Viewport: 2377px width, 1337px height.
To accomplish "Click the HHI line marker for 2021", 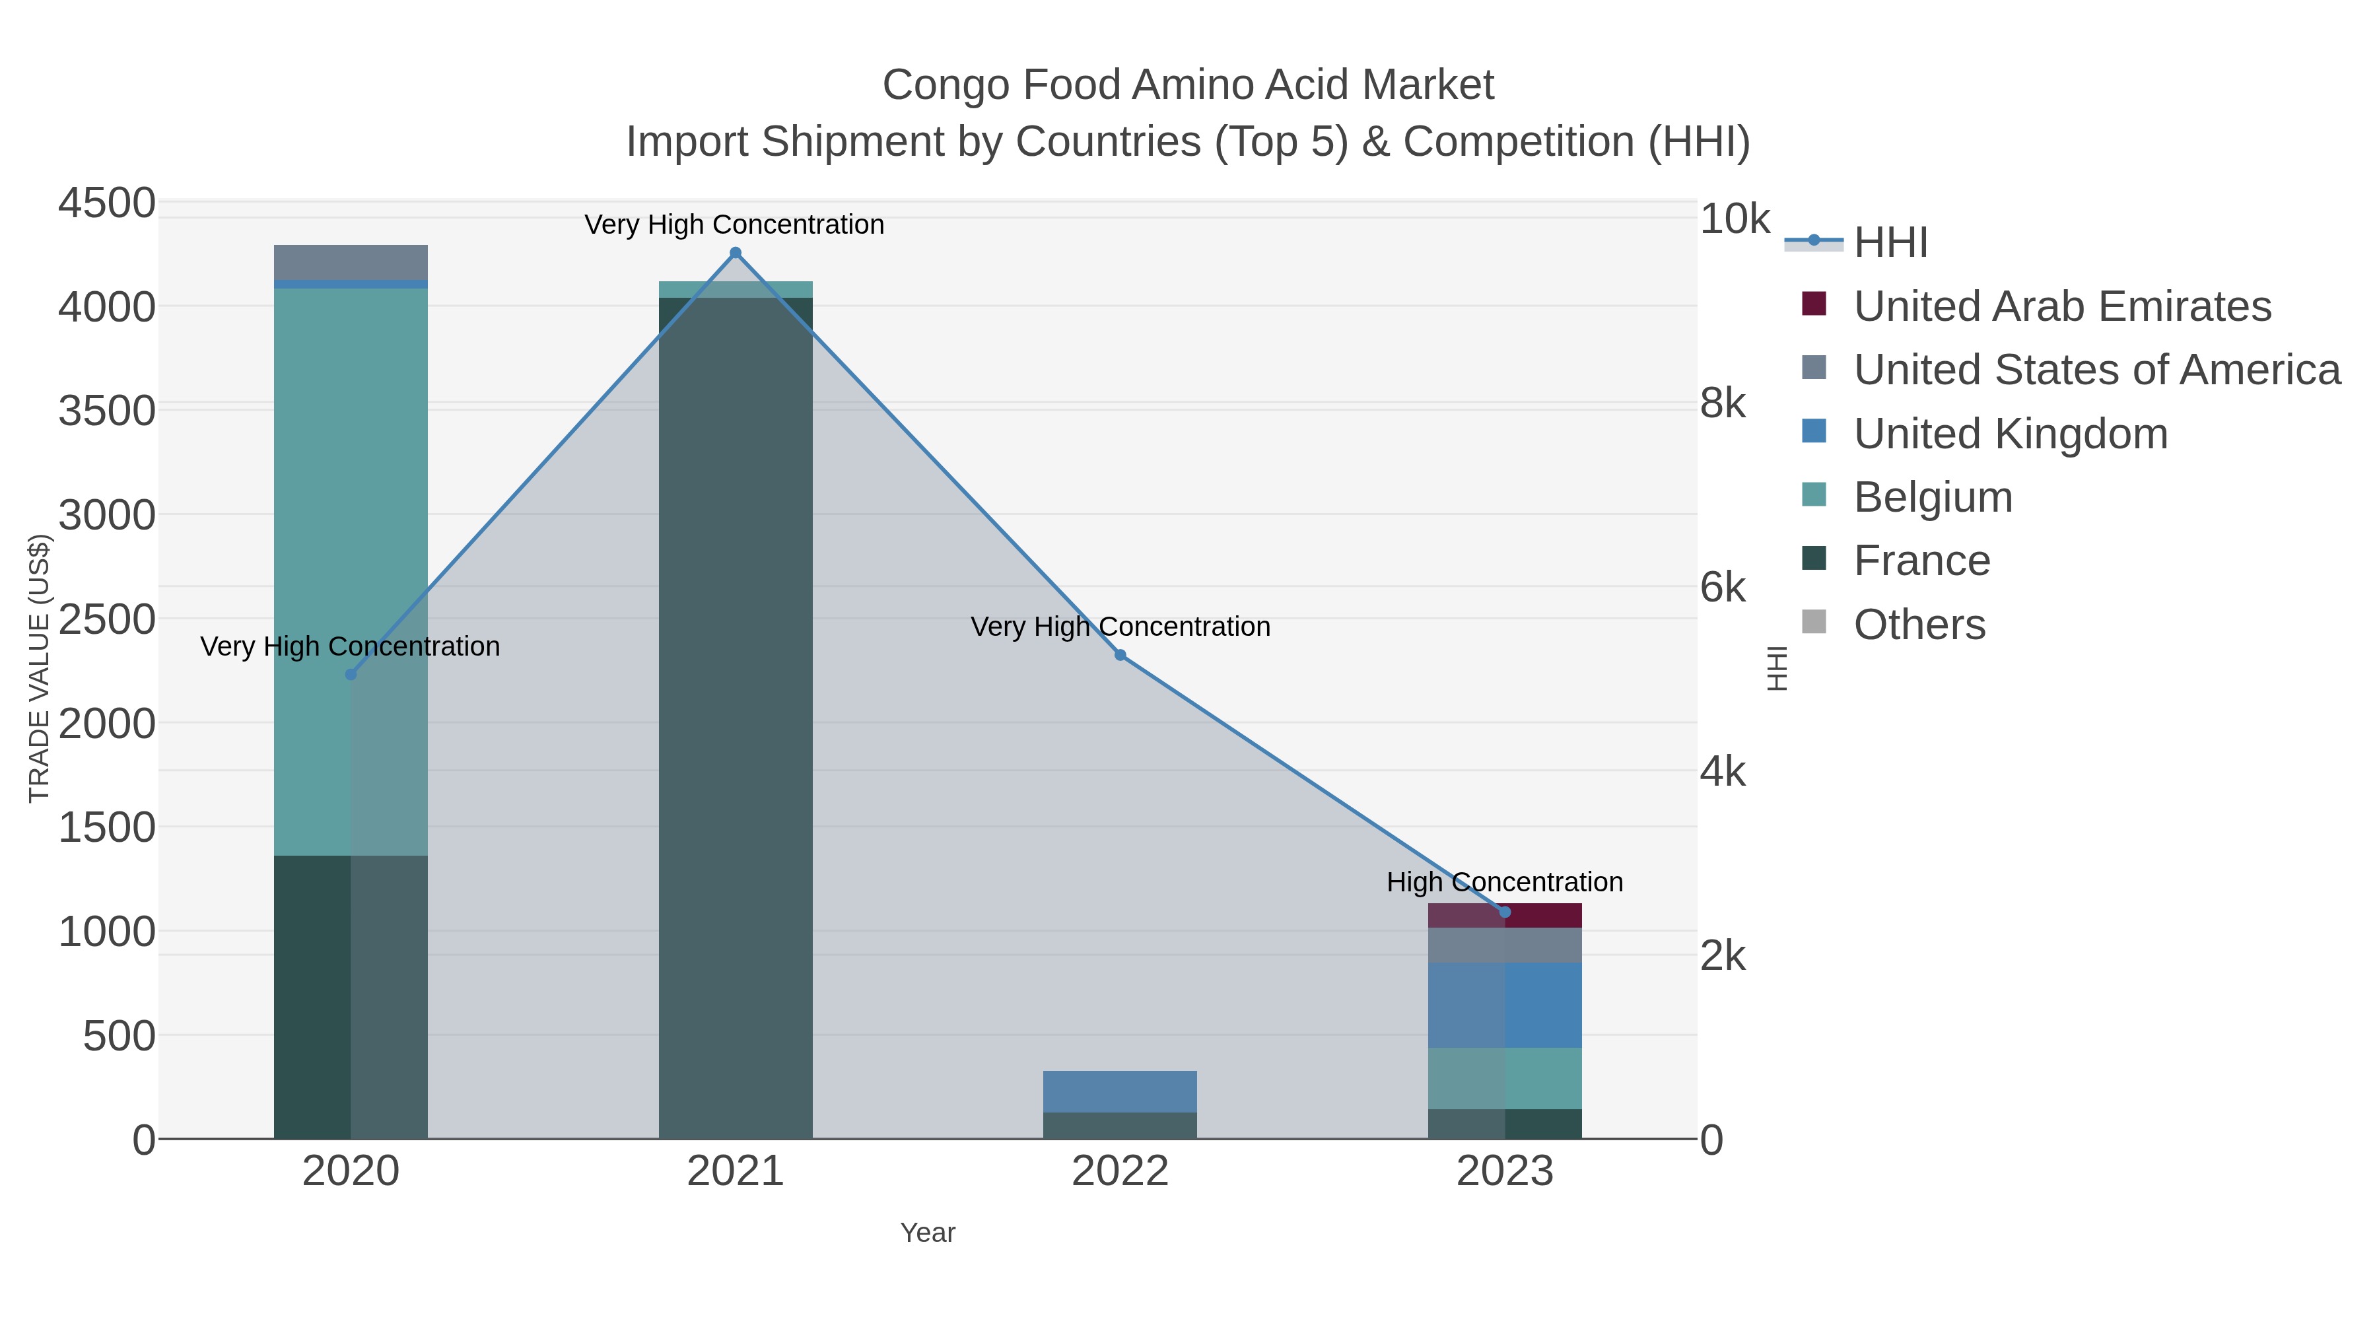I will pos(736,253).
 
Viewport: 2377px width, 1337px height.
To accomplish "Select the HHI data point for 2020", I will pos(351,675).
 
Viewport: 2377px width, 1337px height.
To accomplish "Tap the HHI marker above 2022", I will pos(1120,655).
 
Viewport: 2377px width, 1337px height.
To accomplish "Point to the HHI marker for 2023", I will pos(1505,912).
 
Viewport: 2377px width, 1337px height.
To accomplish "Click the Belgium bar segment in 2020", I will pos(351,572).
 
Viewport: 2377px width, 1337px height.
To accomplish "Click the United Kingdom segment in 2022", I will pos(1120,1091).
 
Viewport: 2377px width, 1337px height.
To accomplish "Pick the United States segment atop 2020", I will pos(351,262).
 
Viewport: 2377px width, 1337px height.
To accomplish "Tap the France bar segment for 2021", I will pos(736,720).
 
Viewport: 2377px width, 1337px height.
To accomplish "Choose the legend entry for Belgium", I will pos(1933,497).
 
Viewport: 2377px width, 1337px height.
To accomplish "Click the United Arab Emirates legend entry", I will pos(2062,306).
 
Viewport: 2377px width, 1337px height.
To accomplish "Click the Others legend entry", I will pos(1919,625).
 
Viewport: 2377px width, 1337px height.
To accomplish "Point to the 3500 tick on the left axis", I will pos(107,411).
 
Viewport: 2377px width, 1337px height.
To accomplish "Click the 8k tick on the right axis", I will pos(1723,404).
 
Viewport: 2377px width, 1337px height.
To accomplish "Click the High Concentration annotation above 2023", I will pos(1505,882).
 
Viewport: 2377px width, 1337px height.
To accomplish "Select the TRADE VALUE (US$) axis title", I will pos(39,668).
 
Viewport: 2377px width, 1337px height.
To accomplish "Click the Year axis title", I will pos(928,1233).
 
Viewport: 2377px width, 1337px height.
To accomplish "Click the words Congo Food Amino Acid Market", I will pos(1188,85).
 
